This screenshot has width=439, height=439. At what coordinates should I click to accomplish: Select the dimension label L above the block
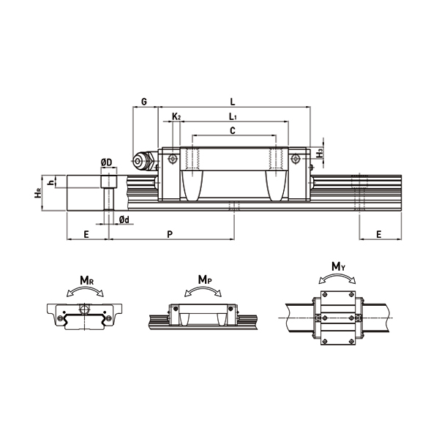232,101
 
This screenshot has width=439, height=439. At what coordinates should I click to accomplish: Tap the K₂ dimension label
176,116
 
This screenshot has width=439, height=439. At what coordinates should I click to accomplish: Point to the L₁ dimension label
232,116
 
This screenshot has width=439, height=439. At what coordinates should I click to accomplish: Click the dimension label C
232,130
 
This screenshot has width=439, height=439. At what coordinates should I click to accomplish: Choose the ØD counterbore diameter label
106,162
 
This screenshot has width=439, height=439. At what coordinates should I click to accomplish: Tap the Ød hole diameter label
124,219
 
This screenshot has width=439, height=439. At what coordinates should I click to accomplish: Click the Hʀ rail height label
37,193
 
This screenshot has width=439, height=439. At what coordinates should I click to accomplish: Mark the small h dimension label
50,181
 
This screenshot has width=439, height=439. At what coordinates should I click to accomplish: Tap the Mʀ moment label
86,279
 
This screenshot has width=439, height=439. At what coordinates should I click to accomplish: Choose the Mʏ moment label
338,268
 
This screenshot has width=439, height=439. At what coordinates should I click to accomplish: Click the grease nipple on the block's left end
140,161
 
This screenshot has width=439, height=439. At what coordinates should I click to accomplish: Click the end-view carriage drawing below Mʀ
86,315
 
